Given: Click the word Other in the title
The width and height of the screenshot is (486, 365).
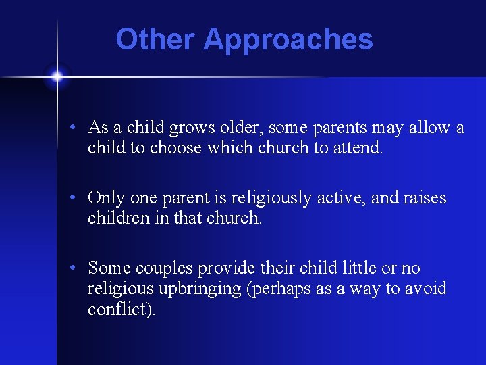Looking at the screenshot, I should click(156, 39).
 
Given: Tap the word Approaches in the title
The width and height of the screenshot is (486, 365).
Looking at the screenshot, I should click(288, 41).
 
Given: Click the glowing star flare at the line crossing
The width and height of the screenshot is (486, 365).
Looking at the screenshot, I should click(57, 77).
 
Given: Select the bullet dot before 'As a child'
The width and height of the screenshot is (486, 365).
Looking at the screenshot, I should click(79, 128).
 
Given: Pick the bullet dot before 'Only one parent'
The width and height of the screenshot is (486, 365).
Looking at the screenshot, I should click(79, 198).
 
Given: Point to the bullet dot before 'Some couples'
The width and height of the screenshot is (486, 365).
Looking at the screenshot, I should click(79, 268).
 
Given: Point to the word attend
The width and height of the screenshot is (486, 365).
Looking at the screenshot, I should click(358, 148).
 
